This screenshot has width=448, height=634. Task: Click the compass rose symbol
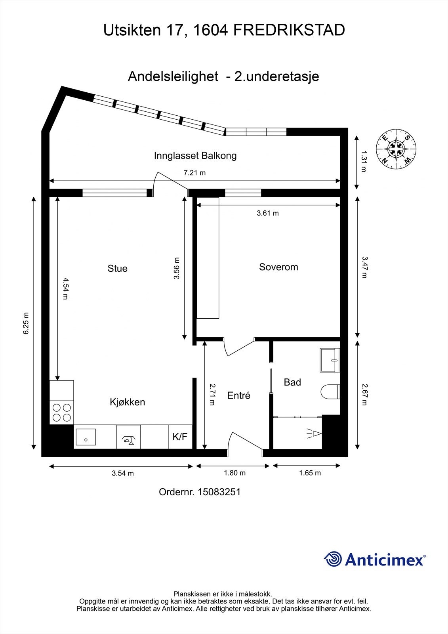coord(396,149)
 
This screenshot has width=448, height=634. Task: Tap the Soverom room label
coord(278,267)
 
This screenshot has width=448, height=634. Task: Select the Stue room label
coord(118,268)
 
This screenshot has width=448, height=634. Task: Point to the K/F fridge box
coord(180,436)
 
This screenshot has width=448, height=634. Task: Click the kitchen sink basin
coord(86,437)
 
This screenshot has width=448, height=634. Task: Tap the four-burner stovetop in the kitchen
coord(62,412)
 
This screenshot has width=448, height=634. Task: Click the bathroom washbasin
coord(330,360)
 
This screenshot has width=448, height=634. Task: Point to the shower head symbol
coord(315,433)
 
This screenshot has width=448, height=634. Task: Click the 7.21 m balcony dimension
coord(195,173)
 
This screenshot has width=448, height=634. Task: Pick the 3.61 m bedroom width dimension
coord(268,213)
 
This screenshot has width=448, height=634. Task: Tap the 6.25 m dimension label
coord(26,323)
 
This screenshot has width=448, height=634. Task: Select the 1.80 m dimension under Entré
coord(234,473)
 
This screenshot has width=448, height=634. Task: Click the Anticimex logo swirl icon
coord(333,559)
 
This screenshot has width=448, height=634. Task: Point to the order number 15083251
coord(219,492)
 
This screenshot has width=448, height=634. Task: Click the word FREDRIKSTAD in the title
coord(289,30)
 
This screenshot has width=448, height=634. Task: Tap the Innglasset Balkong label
coord(195,156)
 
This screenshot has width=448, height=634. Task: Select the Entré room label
coord(239,395)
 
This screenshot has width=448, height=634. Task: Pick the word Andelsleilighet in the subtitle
coord(173,76)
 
